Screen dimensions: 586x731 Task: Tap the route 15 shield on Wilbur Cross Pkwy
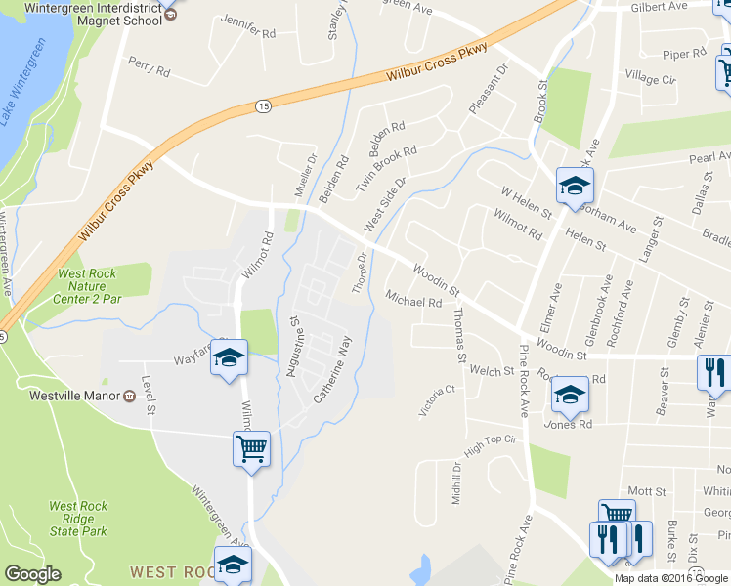[264, 104]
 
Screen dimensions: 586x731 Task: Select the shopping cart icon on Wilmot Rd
[251, 449]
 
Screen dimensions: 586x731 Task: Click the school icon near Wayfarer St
[229, 357]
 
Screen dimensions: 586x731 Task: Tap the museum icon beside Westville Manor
[129, 397]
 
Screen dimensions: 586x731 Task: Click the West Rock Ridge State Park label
[78, 519]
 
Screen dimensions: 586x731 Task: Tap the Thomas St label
[459, 334]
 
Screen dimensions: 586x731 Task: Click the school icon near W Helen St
[575, 184]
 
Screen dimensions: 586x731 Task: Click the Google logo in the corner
[33, 574]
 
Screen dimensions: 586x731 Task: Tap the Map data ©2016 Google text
[669, 578]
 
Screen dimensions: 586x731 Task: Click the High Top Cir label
[490, 448]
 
